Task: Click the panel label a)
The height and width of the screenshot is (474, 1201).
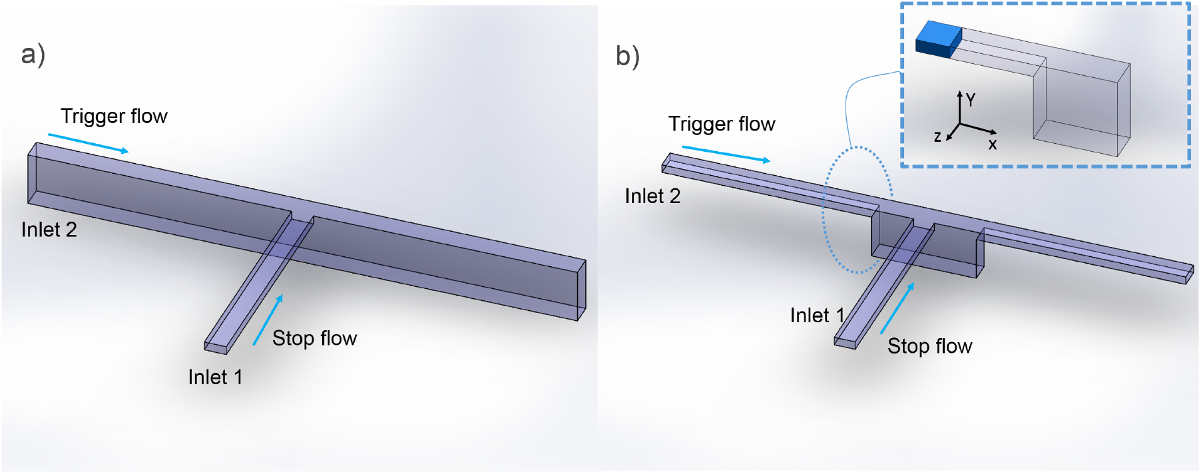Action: click(x=33, y=55)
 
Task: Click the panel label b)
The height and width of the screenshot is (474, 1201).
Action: click(x=627, y=57)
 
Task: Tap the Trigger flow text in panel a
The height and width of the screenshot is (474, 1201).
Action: click(x=114, y=117)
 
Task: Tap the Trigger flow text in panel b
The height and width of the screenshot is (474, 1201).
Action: click(x=722, y=124)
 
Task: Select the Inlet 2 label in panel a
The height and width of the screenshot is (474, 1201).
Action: click(x=49, y=230)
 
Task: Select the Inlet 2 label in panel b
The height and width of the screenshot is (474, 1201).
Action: click(x=652, y=196)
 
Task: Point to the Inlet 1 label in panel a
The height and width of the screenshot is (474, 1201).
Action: click(x=215, y=377)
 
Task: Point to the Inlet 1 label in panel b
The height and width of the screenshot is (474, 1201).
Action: click(x=817, y=316)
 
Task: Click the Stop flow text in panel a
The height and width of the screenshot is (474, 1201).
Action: click(x=314, y=339)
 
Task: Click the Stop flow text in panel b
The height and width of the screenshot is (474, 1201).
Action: click(x=929, y=347)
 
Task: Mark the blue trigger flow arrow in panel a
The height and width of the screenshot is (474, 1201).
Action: click(x=88, y=143)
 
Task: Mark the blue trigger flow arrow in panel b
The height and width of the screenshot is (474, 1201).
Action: click(x=726, y=154)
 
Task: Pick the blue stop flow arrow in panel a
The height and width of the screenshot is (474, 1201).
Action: click(x=268, y=320)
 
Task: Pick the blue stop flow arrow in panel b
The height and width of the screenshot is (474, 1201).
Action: click(x=897, y=308)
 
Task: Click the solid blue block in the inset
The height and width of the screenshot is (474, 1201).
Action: click(x=938, y=39)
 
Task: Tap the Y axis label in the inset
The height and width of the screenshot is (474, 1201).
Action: click(x=971, y=101)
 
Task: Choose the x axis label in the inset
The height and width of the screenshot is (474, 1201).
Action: click(x=993, y=144)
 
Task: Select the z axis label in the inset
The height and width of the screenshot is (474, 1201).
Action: click(x=937, y=137)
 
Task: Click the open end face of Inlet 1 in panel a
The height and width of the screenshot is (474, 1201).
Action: click(x=216, y=348)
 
